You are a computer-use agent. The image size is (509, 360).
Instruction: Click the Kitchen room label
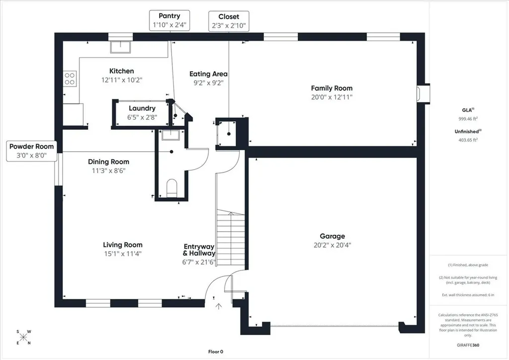coord(121,71)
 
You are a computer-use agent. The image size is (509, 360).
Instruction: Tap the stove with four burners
coord(70,79)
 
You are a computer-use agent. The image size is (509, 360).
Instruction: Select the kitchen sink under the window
coord(120,47)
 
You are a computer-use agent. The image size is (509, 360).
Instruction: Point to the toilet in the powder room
coord(171,188)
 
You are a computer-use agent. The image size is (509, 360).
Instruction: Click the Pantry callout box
coord(170,20)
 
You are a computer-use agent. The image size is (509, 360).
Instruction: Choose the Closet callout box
coord(229,21)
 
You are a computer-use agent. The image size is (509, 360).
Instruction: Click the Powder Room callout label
coord(31,151)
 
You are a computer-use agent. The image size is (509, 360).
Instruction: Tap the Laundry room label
coord(142,108)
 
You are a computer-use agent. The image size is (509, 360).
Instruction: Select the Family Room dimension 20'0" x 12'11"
coord(332,97)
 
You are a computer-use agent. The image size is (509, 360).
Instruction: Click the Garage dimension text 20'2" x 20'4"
coord(332,245)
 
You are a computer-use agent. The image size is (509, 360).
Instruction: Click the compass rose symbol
coord(23,337)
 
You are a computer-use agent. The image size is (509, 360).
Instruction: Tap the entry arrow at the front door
coord(219,306)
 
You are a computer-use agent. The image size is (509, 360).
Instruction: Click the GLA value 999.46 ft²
coord(468,119)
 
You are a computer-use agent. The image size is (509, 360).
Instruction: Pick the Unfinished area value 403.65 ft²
coord(468,140)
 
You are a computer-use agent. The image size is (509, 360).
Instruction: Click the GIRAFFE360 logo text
coord(468,345)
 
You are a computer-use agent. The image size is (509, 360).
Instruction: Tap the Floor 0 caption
coord(216,352)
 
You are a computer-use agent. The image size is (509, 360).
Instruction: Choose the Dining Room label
coord(108,162)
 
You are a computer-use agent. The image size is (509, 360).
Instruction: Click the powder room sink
coord(170,135)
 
